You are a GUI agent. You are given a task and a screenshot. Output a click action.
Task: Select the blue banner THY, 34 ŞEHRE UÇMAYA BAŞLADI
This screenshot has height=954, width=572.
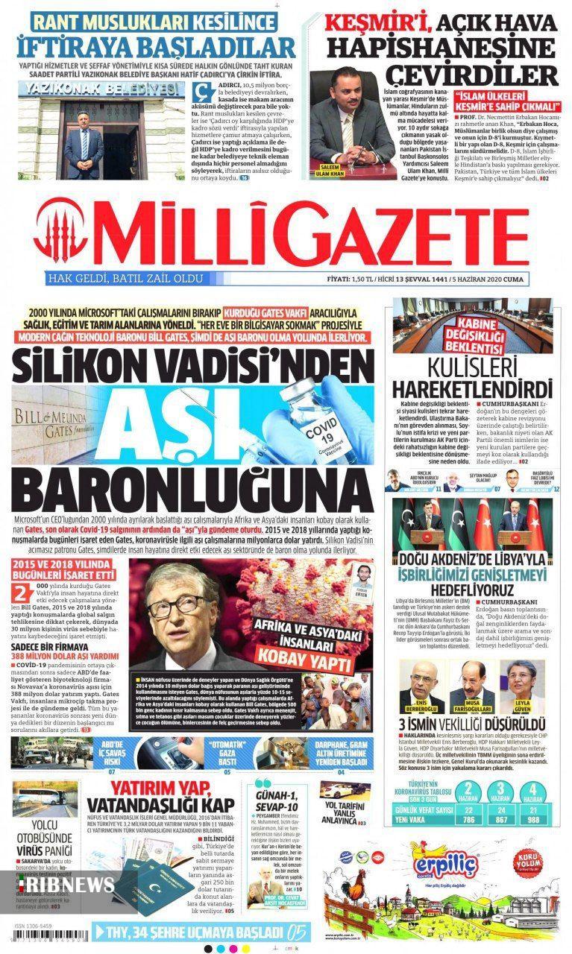point(198,931)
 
